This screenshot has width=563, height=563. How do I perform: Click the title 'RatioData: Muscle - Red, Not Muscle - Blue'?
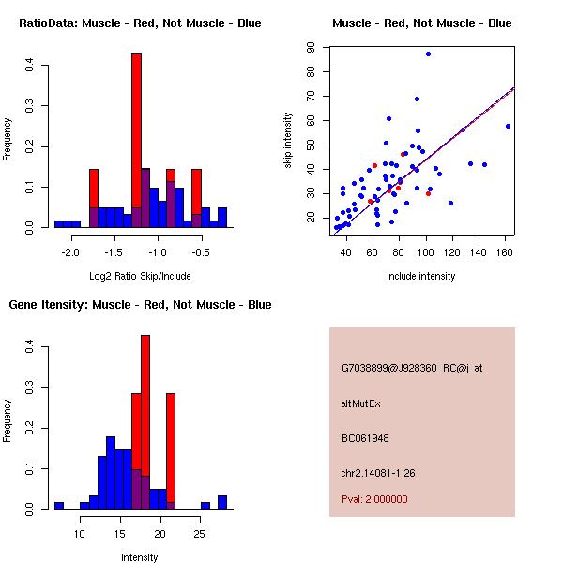140,23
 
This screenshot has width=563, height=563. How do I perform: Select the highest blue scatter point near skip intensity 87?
428,54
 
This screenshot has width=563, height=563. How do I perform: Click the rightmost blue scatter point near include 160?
508,126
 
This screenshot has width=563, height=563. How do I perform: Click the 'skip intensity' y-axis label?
289,141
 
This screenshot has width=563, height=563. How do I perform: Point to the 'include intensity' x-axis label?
421,276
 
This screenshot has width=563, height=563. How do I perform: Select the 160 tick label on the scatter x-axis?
505,253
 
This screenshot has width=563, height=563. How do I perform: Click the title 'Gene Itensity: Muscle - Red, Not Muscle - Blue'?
140,305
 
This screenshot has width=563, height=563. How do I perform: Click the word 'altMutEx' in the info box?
361,403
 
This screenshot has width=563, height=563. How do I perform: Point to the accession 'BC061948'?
365,438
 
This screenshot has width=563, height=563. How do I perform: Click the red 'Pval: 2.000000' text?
374,499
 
